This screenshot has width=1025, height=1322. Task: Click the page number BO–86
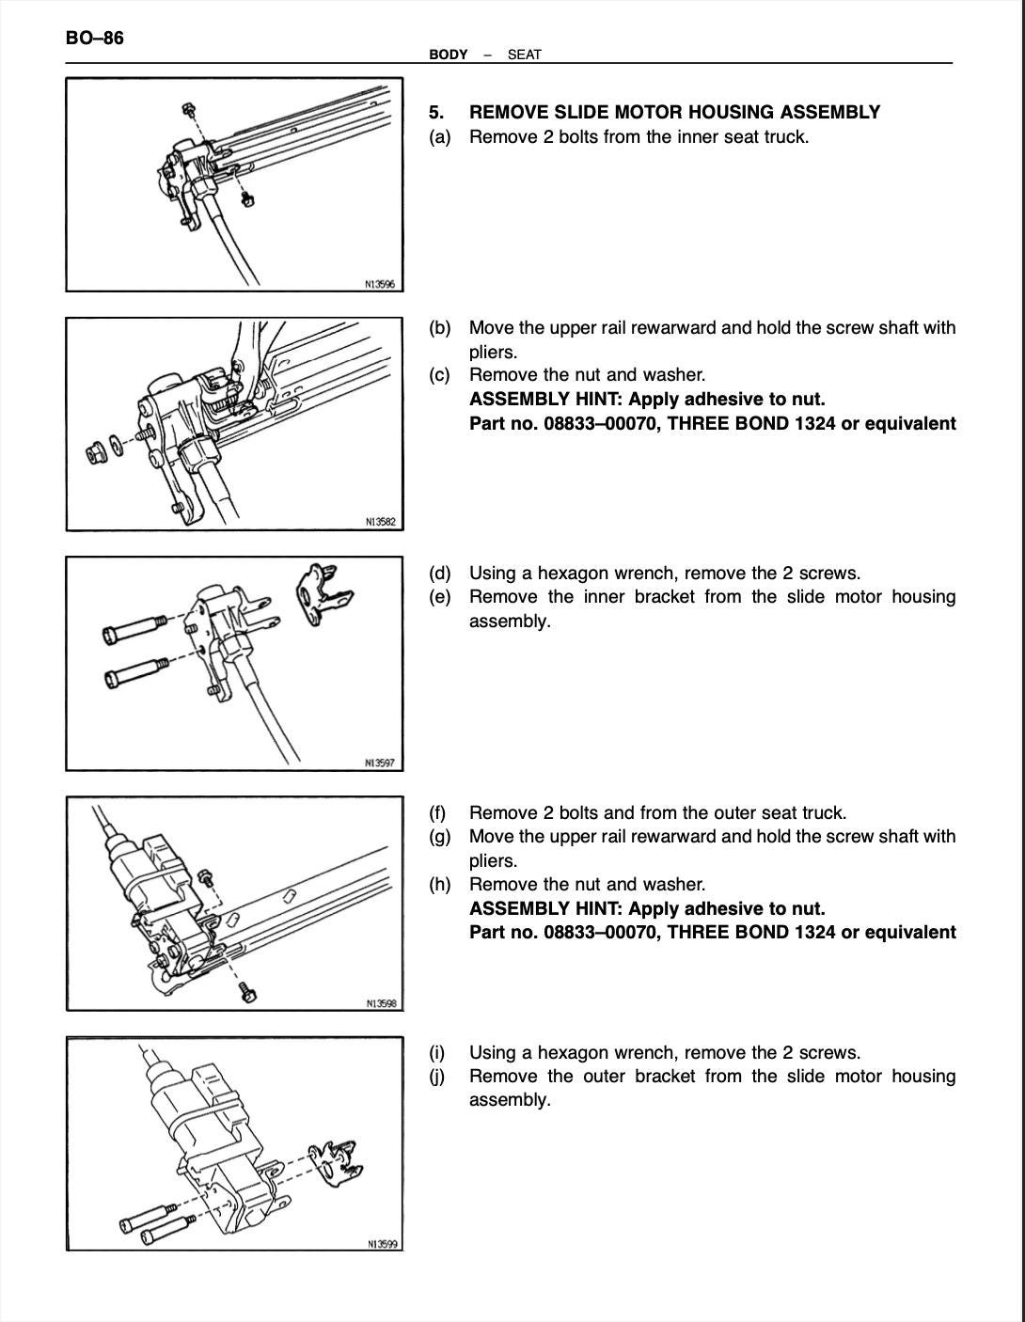[x=94, y=39]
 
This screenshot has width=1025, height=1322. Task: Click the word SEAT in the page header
[x=524, y=55]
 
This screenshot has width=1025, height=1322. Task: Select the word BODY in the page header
[x=448, y=55]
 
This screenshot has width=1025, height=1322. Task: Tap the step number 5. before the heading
[x=436, y=113]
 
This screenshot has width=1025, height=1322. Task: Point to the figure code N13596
[x=379, y=284]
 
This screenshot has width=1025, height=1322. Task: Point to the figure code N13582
[x=380, y=523]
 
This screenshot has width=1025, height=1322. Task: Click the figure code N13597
[x=380, y=763]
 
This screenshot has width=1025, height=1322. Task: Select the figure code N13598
[x=381, y=1003]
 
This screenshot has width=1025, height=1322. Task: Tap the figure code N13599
[x=381, y=1244]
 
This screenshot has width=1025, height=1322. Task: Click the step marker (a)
[x=439, y=137]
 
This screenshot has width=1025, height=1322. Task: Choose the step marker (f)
[x=438, y=812]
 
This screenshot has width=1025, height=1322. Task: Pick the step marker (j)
[x=437, y=1077]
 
